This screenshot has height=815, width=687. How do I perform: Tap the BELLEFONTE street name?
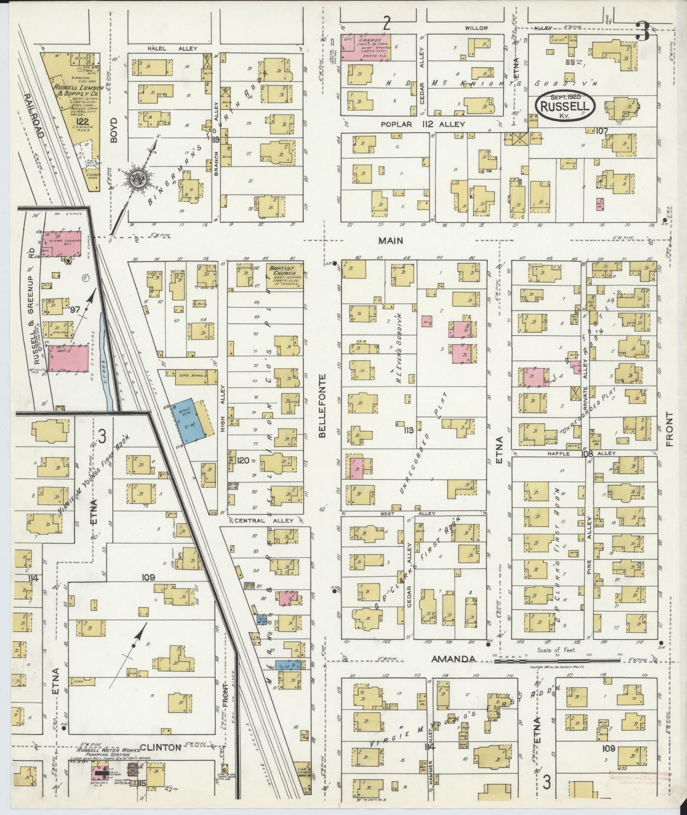[x=322, y=406]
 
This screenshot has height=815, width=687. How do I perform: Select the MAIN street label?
[x=391, y=241]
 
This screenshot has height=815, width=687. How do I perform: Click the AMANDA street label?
[x=453, y=671]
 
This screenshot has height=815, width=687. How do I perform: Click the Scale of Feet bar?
[x=556, y=673]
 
